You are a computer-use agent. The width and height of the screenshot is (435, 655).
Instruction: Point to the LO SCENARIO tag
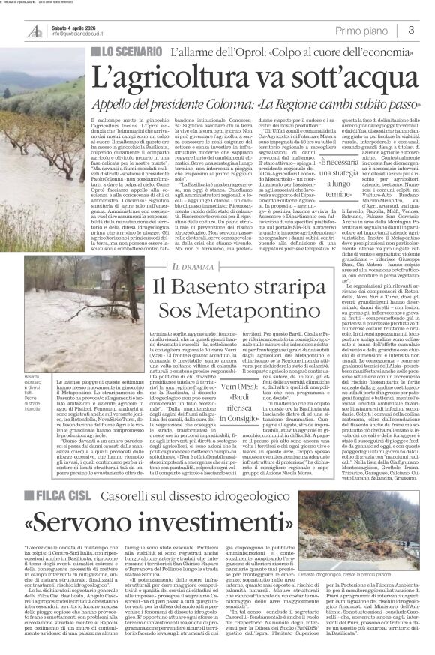(x=125, y=52)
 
